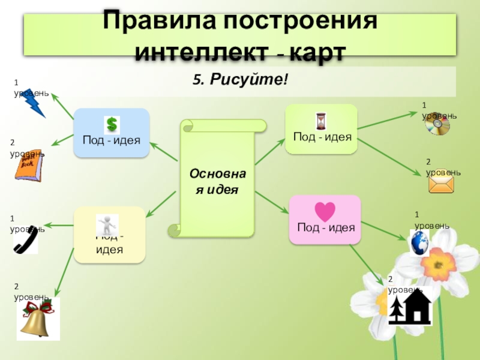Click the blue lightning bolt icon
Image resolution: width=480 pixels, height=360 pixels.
(34, 104)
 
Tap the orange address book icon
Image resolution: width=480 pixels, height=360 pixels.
(28, 165)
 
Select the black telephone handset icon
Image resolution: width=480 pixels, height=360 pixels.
(26, 240)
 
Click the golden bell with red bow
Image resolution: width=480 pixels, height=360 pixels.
(37, 318)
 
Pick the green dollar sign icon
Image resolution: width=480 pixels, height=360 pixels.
(112, 124)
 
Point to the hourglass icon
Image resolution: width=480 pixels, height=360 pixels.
(321, 121)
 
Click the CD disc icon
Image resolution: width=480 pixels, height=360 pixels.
(437, 125)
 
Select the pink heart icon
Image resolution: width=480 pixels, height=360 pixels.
(325, 211)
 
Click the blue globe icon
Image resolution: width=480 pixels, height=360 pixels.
(419, 243)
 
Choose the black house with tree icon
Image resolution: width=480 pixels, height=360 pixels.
(410, 306)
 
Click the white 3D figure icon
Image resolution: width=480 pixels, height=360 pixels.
(107, 226)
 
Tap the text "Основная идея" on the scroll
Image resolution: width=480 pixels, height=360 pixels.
(217, 181)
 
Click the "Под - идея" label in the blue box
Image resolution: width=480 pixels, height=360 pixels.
(112, 140)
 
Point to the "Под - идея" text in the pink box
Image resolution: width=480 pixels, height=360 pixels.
(326, 228)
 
